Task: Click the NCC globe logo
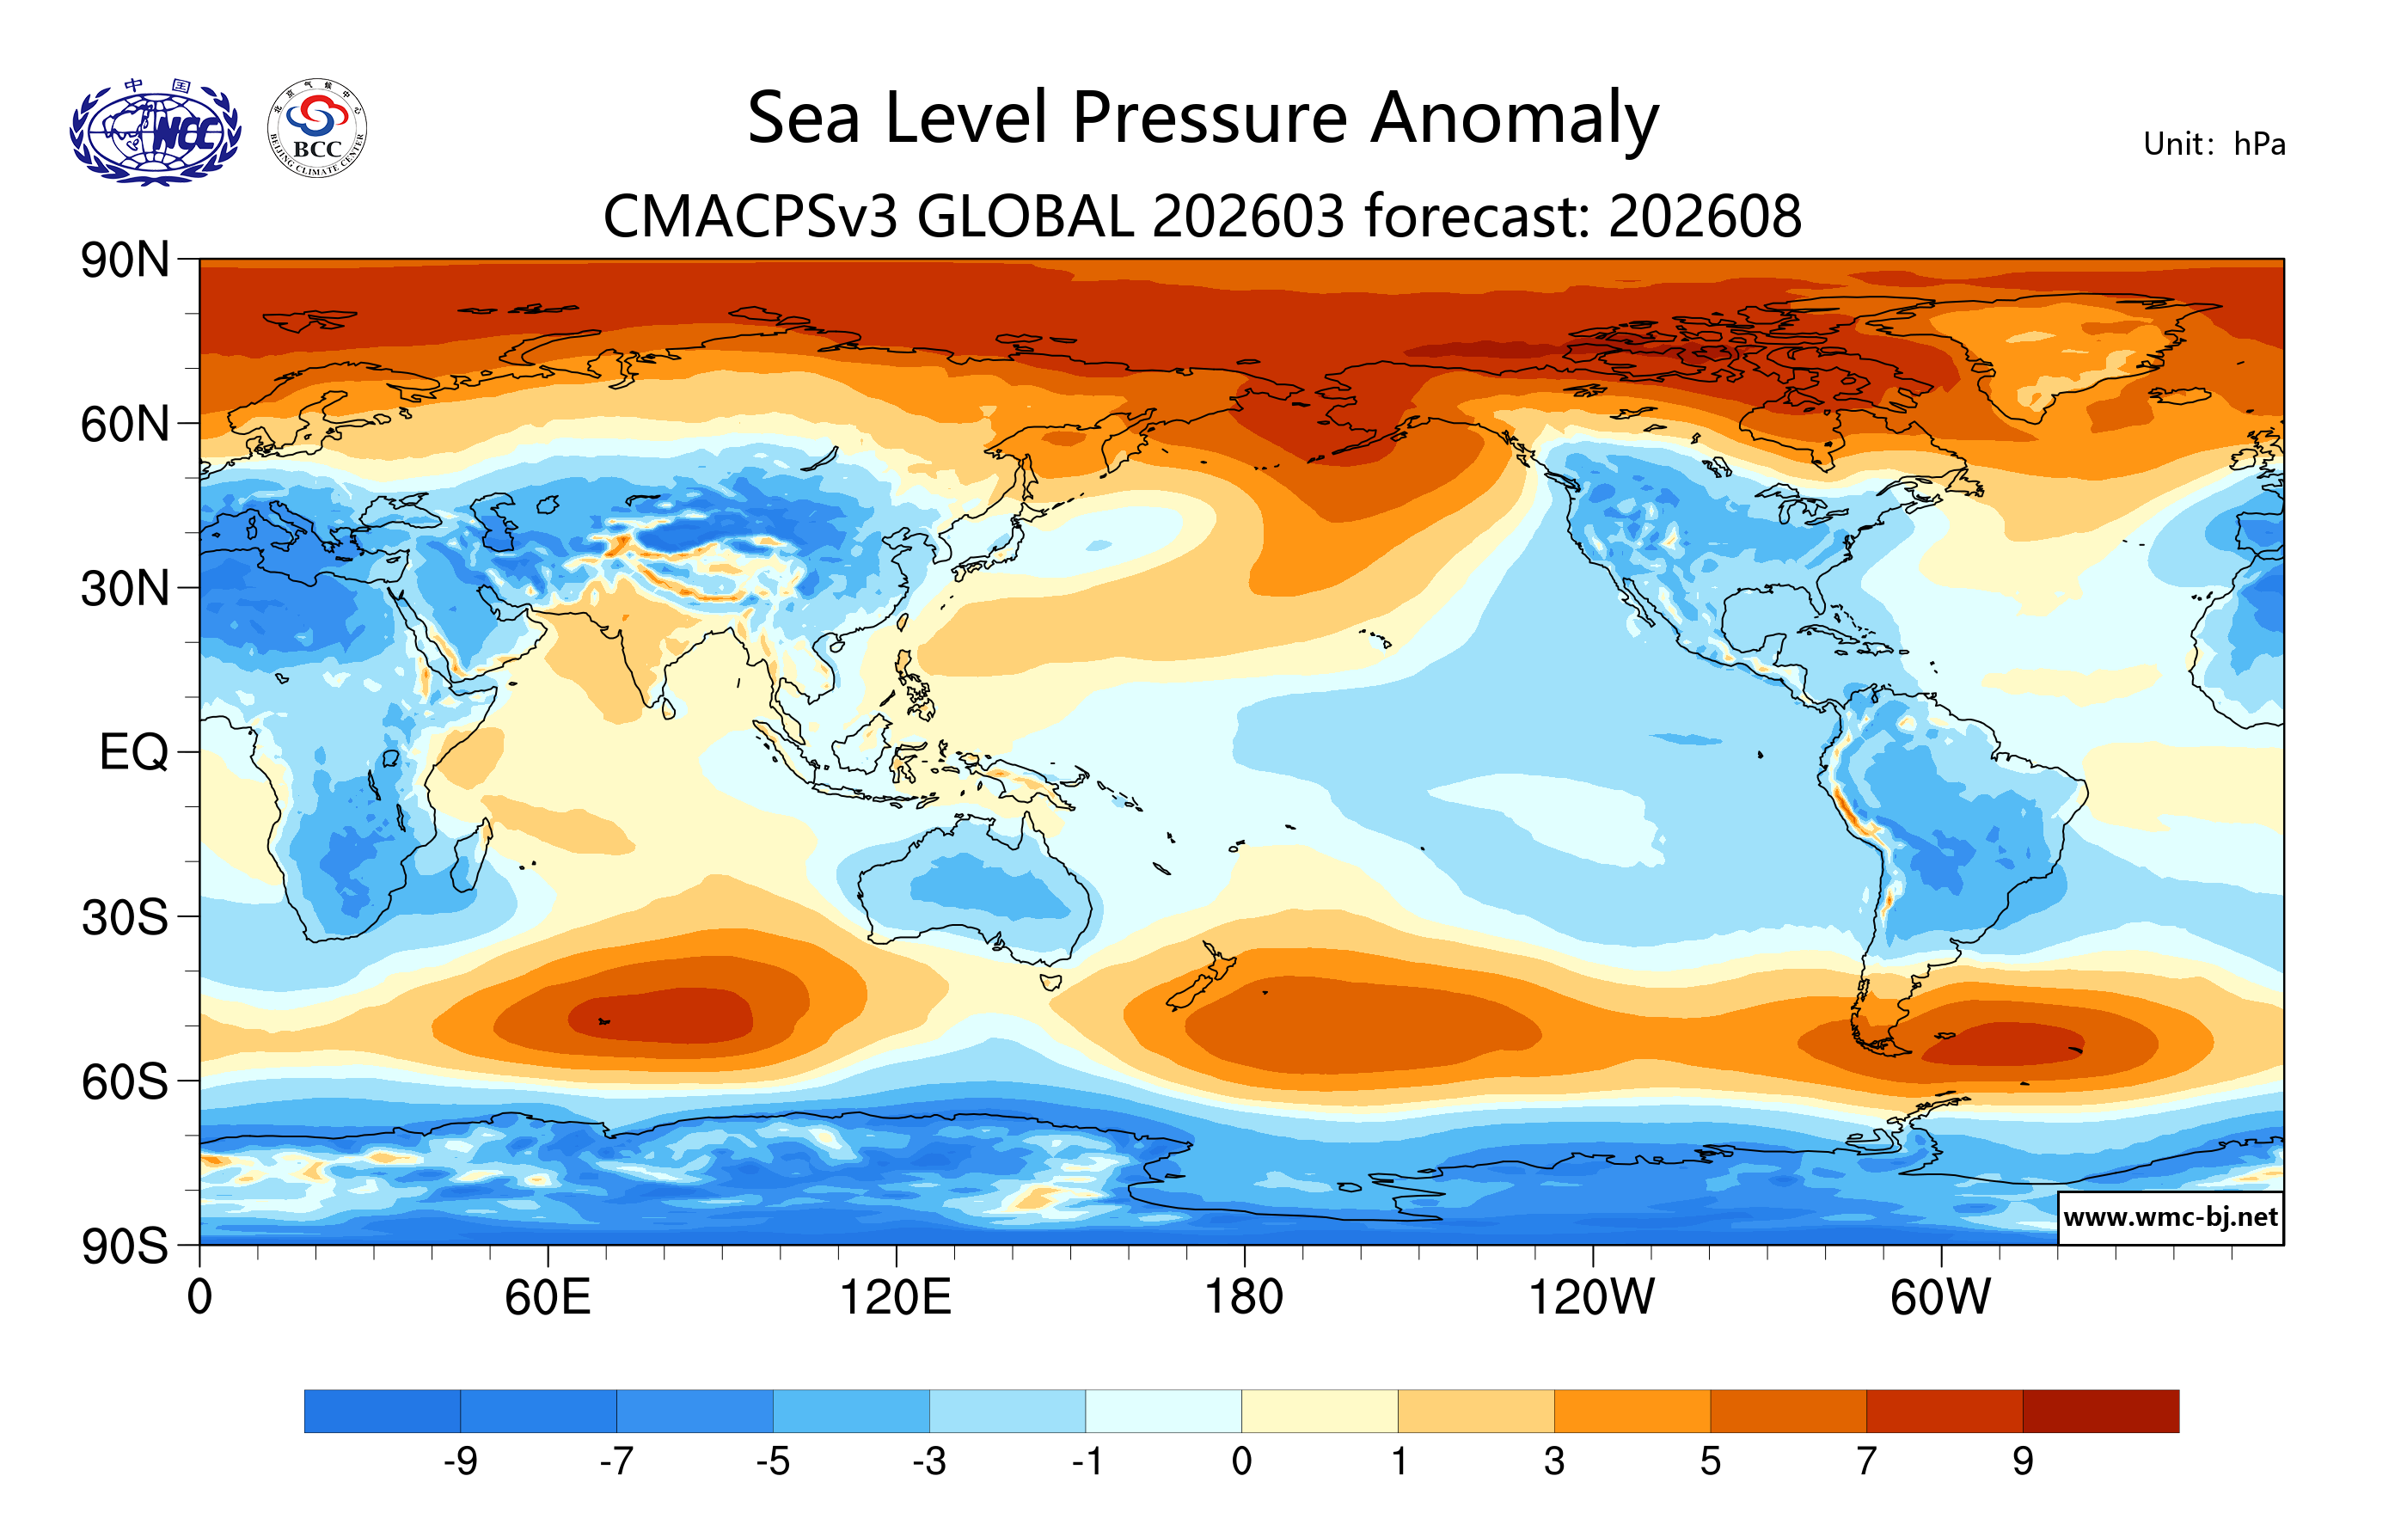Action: [155, 132]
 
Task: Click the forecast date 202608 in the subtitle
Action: [1706, 216]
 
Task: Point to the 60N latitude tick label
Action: [125, 425]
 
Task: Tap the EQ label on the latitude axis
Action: [134, 752]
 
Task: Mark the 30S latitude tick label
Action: [125, 917]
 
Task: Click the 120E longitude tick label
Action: [895, 1298]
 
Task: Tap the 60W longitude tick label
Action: [1940, 1298]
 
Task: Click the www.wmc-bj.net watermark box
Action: [2170, 1217]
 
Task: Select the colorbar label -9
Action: [461, 1462]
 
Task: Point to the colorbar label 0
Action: [1241, 1462]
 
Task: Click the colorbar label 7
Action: [1866, 1462]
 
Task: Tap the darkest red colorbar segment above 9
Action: [2100, 1410]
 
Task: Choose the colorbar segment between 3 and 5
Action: [1632, 1410]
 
